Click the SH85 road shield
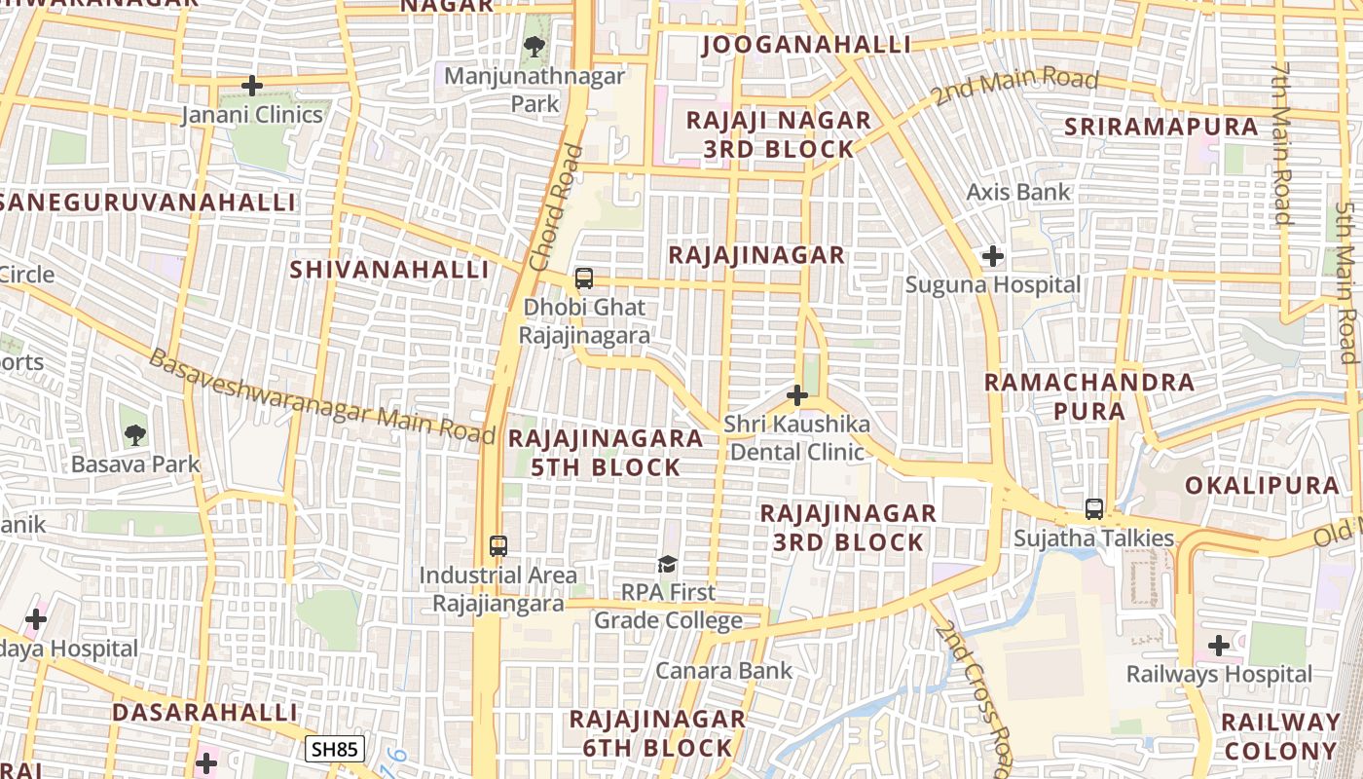(x=335, y=749)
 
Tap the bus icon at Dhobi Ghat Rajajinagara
(x=584, y=278)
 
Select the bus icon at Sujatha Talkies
(x=1094, y=509)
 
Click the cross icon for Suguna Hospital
(x=993, y=257)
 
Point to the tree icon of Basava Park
(x=135, y=435)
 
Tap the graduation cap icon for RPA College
(x=667, y=564)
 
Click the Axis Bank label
(x=1017, y=192)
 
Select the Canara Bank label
(x=723, y=670)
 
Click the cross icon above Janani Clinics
(x=252, y=86)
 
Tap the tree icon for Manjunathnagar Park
(x=534, y=46)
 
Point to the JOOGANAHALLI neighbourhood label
(x=806, y=45)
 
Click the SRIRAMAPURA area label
(x=1161, y=127)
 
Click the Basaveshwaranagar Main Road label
(x=321, y=398)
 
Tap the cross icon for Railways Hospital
(x=1219, y=646)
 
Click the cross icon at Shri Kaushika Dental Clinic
(x=797, y=395)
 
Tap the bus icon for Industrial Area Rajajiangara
(x=498, y=546)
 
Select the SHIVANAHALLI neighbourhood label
(x=389, y=270)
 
